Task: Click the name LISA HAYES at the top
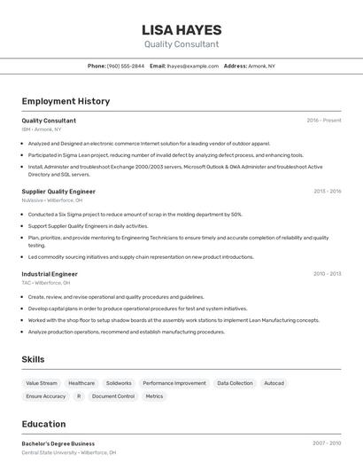[x=181, y=30]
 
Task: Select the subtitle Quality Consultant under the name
[x=181, y=44]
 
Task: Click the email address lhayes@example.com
[x=193, y=66]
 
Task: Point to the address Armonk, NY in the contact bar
[x=263, y=66]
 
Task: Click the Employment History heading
[x=66, y=101]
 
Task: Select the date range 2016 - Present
[x=324, y=121]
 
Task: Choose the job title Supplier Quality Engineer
[x=58, y=192]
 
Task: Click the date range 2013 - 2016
[x=327, y=192]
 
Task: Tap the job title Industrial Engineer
[x=50, y=274]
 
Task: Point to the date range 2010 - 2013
[x=327, y=274]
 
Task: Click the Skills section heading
[x=34, y=359]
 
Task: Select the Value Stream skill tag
[x=42, y=383]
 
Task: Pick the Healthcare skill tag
[x=81, y=383]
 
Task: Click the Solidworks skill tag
[x=119, y=383]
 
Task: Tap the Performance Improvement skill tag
[x=174, y=383]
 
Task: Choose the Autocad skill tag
[x=274, y=383]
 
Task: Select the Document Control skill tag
[x=113, y=396]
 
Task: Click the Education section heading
[x=43, y=424]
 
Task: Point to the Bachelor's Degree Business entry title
[x=58, y=443]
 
